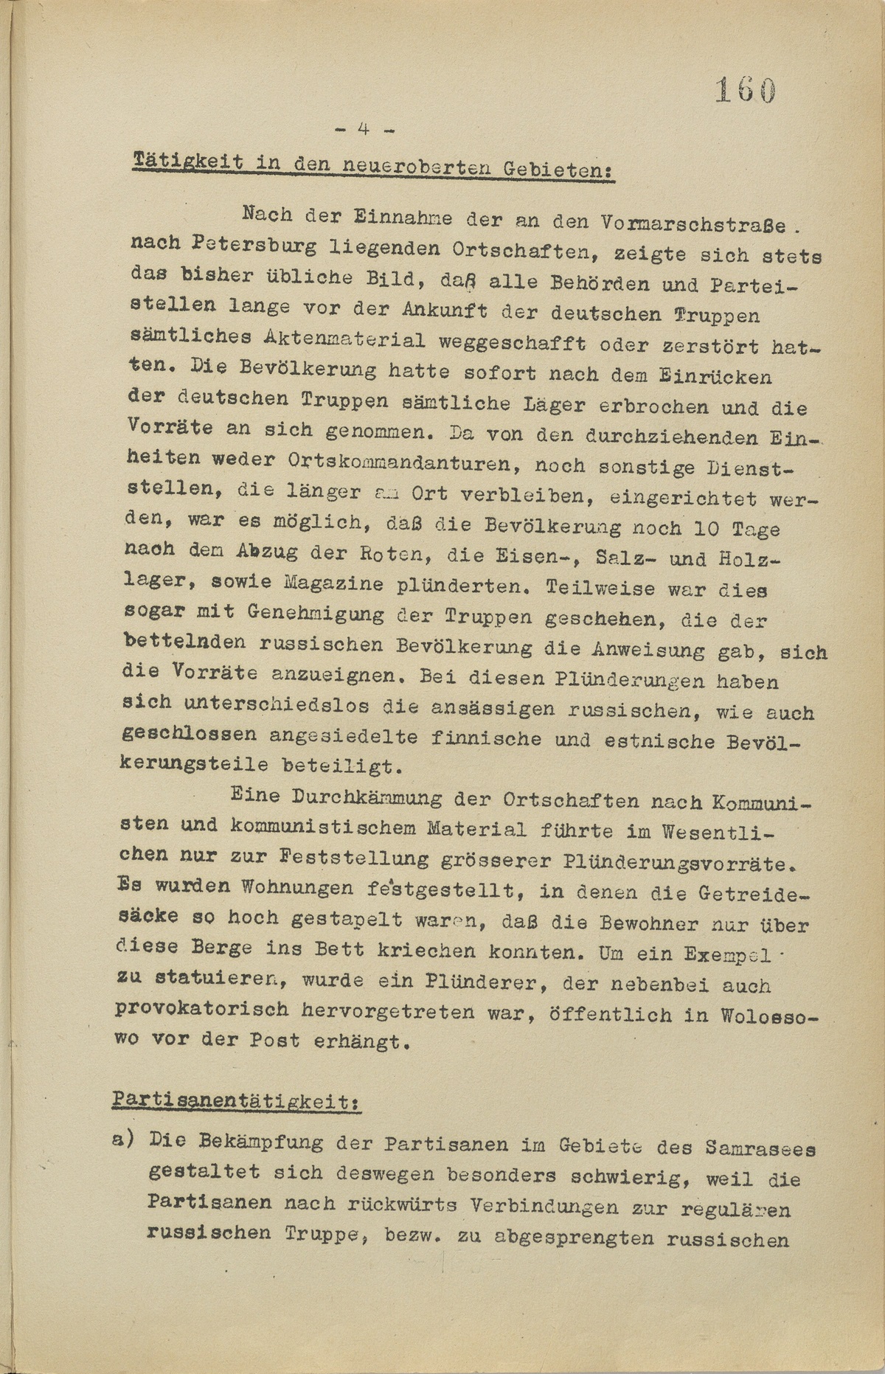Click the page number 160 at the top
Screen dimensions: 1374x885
pos(745,91)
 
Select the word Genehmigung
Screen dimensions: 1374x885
pos(316,613)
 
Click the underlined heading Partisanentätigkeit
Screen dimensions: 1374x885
pos(235,1100)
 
